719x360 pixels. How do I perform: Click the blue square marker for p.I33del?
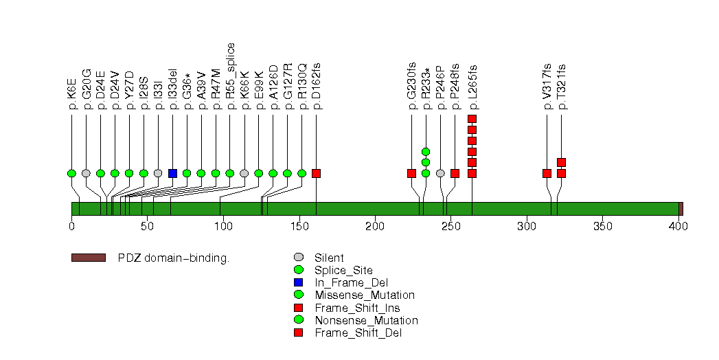(x=172, y=173)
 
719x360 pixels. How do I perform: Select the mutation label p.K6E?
(x=72, y=93)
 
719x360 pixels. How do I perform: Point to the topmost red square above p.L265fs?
(x=472, y=119)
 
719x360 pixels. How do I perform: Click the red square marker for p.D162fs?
(x=316, y=173)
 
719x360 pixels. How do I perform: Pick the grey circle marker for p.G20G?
(x=86, y=173)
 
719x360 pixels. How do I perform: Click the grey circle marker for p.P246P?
(x=440, y=173)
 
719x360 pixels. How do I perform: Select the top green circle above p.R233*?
(x=426, y=151)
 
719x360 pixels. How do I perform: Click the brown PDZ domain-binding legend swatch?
(x=88, y=258)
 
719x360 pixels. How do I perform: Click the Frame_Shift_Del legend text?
(x=358, y=333)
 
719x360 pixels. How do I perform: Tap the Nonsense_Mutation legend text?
(x=365, y=320)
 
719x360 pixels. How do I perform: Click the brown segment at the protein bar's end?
(x=681, y=209)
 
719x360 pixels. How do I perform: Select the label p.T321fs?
(x=562, y=87)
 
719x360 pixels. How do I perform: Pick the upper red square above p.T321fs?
(x=561, y=162)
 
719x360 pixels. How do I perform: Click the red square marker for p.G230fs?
(x=411, y=173)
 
